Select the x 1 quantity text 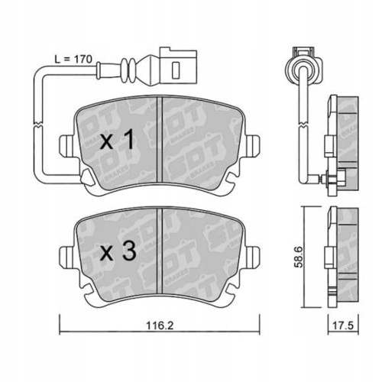click(x=118, y=141)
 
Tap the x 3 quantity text click(x=118, y=250)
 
